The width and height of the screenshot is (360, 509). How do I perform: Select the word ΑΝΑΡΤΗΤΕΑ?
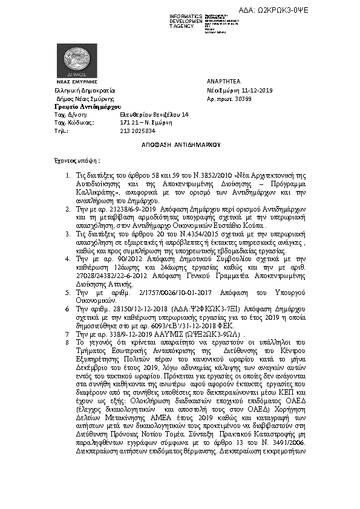[x=223, y=80]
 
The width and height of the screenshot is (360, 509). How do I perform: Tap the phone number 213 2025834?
[x=137, y=130]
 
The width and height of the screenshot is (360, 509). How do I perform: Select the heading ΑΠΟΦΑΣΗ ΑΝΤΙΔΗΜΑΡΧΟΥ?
[x=180, y=145]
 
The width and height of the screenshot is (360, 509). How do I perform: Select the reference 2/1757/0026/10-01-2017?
[x=143, y=291]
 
